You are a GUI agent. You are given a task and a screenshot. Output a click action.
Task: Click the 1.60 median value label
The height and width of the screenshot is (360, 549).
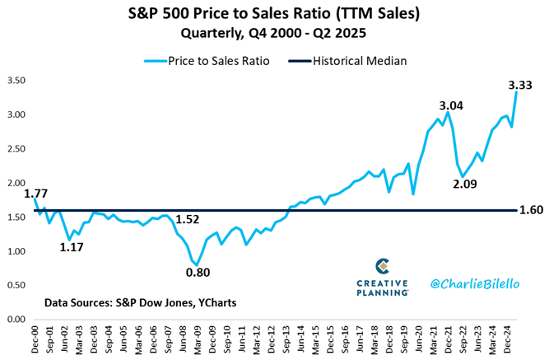coord(531,210)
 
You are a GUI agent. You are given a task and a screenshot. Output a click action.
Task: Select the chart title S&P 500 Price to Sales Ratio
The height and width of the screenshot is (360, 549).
coord(274,14)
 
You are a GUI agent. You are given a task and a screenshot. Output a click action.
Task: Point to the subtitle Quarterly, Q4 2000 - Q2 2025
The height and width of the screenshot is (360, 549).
coord(274,33)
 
